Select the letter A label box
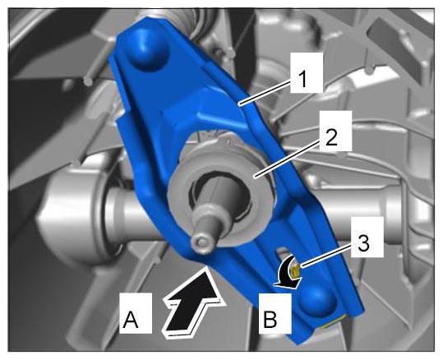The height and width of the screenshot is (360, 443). coord(136,313)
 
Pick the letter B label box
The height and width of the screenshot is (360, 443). coord(275,313)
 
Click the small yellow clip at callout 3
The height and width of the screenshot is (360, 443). coord(296,271)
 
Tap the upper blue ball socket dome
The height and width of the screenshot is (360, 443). coord(146,48)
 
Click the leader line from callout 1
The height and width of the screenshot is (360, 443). coord(265,92)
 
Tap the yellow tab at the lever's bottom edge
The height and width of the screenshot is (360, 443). coord(334,323)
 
